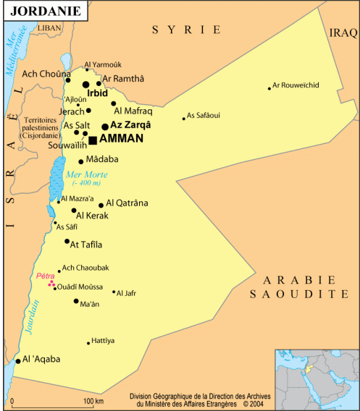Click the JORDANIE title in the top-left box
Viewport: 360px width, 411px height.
[x=45, y=11]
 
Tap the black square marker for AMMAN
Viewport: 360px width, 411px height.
[x=92, y=140]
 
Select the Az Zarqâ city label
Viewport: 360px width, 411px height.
[x=130, y=125]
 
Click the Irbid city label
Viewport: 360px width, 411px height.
[x=97, y=93]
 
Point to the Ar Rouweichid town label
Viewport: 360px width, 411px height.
[x=296, y=85]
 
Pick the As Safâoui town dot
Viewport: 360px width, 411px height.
[x=184, y=119]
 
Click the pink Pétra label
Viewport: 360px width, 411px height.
[x=46, y=276]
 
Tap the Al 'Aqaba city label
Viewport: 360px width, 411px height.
[x=41, y=359]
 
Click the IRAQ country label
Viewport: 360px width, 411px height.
[x=343, y=33]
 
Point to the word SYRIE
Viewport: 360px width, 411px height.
[x=186, y=30]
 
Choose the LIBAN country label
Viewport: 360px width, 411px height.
[x=50, y=27]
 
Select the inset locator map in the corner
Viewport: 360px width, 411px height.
[x=317, y=378]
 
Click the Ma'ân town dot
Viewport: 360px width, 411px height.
[x=76, y=301]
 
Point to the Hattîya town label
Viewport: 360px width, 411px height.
[x=104, y=340]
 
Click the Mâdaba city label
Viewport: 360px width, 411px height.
[x=102, y=159]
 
